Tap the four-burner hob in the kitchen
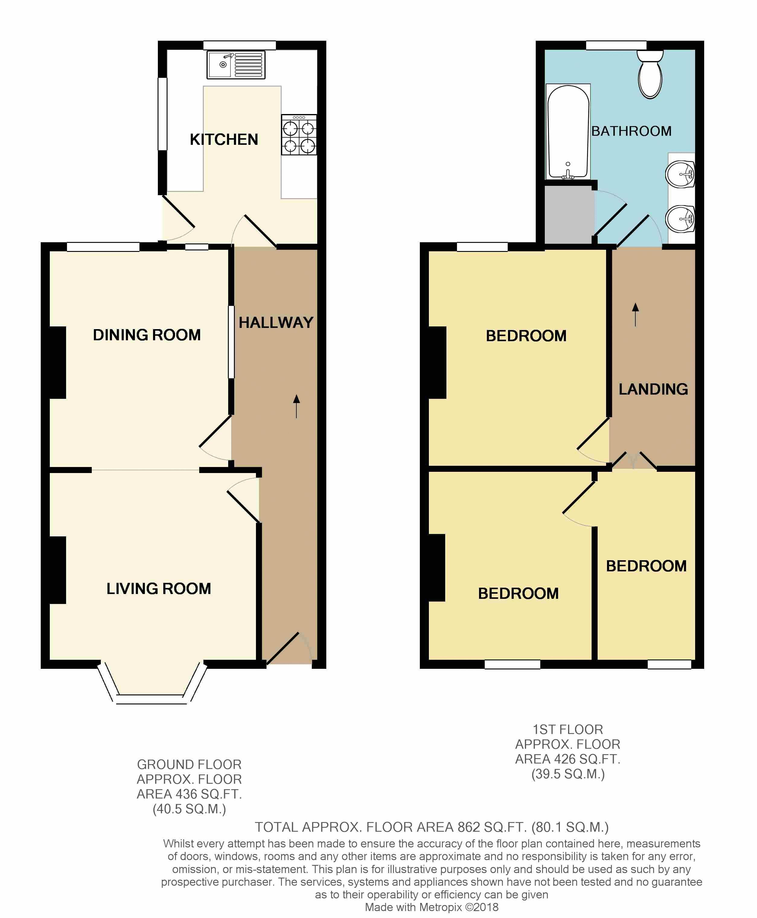click(299, 135)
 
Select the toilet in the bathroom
click(650, 74)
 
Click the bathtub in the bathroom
click(568, 132)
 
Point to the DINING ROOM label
click(147, 335)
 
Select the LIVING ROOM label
click(159, 589)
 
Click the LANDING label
click(653, 389)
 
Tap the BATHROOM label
click(631, 131)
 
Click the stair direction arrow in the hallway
click(296, 406)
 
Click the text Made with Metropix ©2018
click(431, 907)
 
